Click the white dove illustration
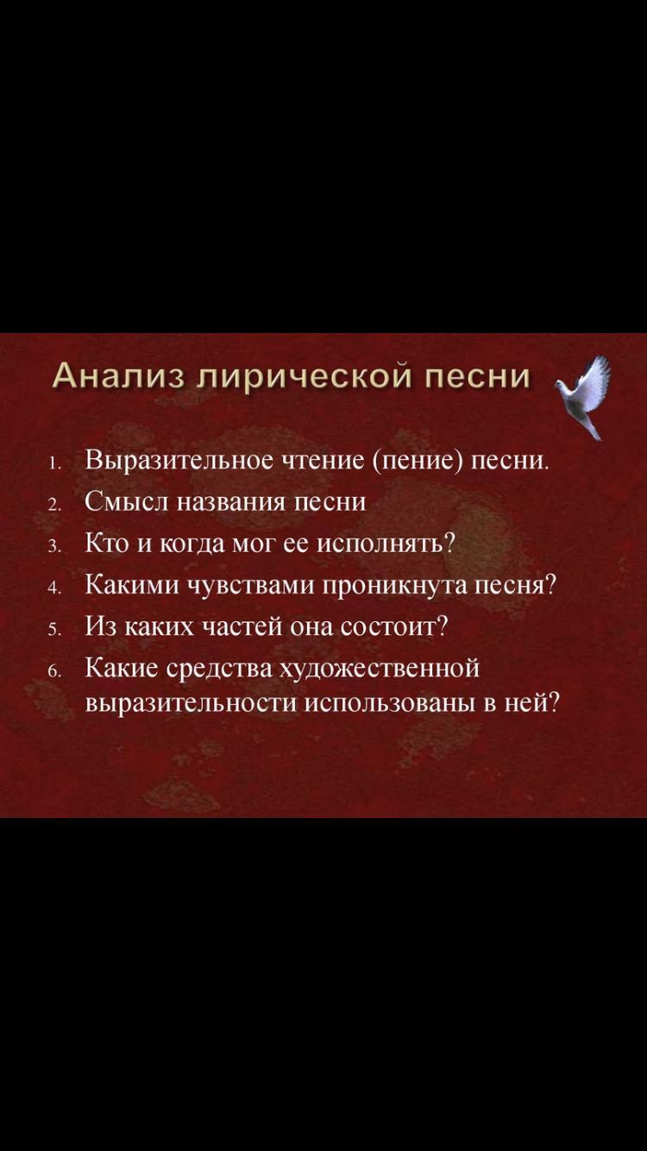[x=587, y=397]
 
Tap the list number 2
[x=54, y=506]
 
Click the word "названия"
[x=230, y=502]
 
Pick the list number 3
[x=54, y=548]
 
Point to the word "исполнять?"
[x=386, y=544]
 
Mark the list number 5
[x=54, y=631]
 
